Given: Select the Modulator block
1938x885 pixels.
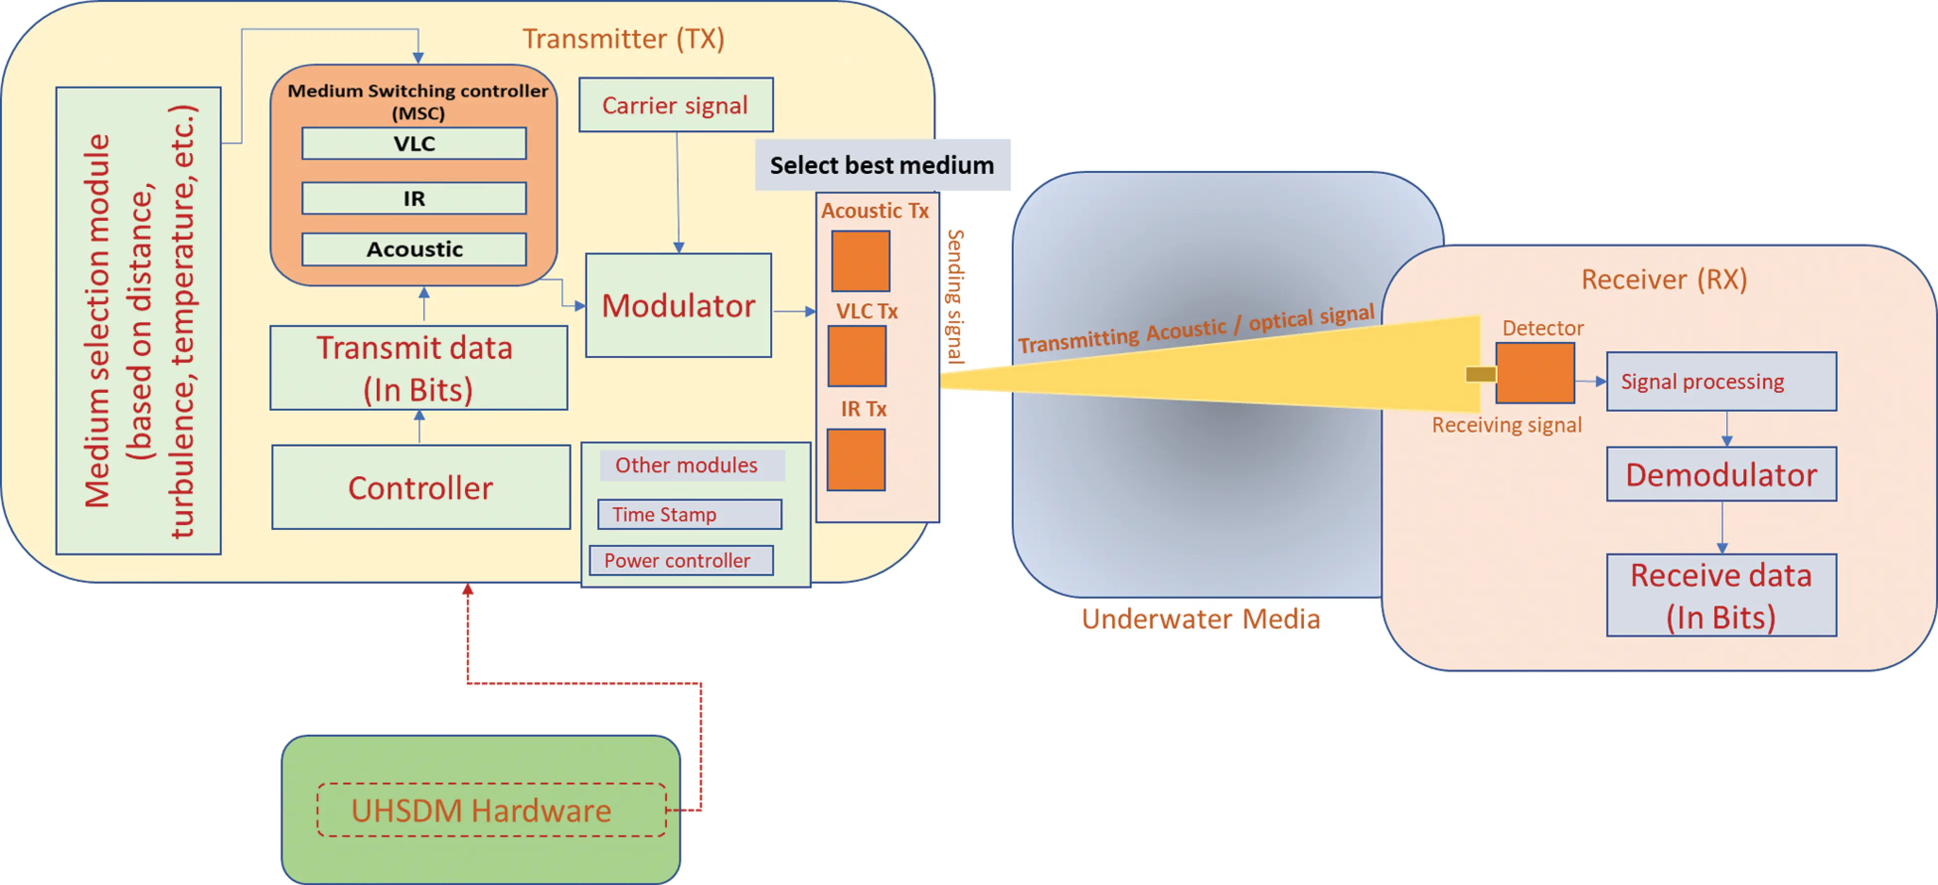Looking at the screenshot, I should click(x=678, y=306).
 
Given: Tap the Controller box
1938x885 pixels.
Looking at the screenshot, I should click(x=420, y=488).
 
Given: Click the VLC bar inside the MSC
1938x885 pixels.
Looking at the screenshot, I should click(x=414, y=143).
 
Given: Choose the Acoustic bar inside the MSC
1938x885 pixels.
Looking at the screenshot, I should click(x=414, y=249).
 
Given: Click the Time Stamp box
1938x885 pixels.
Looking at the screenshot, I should click(x=689, y=515).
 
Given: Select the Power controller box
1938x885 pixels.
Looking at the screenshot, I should click(x=681, y=561).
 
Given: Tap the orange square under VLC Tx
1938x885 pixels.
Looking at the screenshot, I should click(x=857, y=356).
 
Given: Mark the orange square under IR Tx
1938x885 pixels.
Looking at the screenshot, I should click(x=856, y=460).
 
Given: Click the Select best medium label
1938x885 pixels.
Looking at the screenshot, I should click(x=882, y=165).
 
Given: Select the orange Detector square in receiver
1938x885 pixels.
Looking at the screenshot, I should click(x=1535, y=373).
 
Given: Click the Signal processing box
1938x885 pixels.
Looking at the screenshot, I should click(x=1720, y=381).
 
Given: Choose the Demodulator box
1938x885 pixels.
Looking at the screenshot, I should click(x=1720, y=475).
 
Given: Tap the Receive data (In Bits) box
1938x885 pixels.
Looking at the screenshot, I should click(x=1720, y=595).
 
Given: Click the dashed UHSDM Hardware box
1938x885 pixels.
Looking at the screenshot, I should click(x=491, y=810).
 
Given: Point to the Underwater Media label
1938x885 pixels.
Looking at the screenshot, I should click(x=1201, y=619).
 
